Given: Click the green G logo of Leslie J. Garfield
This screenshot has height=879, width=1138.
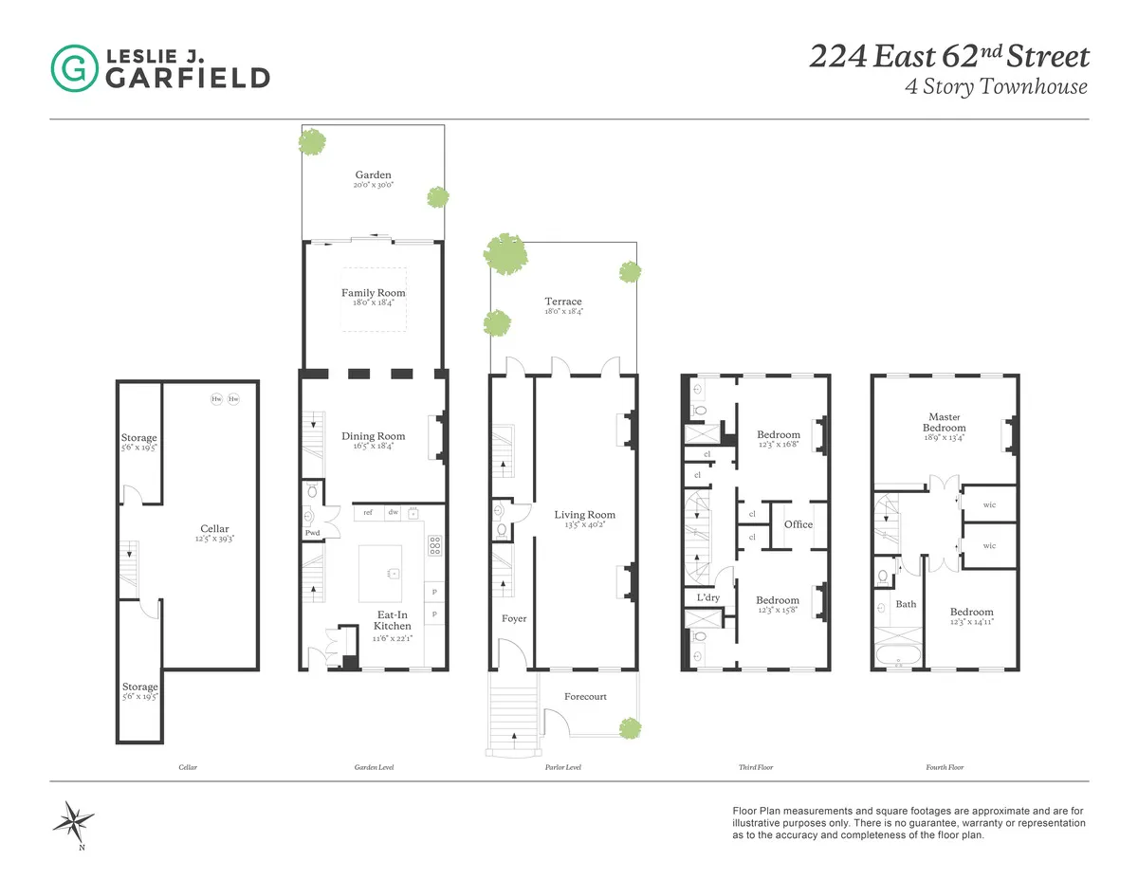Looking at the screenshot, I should click(72, 67).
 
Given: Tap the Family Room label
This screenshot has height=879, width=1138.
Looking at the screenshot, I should click(373, 293).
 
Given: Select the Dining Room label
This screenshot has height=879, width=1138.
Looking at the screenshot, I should click(373, 436).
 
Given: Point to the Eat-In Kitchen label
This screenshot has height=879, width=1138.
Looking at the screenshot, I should click(392, 619).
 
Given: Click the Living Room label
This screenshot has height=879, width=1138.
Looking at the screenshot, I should click(584, 515).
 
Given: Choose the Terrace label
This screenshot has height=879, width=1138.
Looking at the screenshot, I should click(563, 302).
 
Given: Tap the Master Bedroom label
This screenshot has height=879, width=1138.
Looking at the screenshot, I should click(945, 422).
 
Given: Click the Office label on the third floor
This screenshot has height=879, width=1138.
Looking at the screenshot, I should click(798, 524).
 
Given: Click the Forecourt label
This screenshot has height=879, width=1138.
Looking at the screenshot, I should click(585, 696).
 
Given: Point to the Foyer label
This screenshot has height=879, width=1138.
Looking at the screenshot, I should click(513, 618).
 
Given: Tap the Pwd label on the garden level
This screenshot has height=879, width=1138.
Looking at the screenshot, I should click(312, 533).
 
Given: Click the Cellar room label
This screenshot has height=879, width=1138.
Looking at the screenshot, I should click(214, 529).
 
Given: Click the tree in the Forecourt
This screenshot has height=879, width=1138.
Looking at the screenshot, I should click(627, 728).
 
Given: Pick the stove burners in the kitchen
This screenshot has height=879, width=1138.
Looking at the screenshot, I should click(435, 544).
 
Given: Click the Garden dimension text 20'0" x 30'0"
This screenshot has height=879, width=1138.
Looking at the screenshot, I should click(373, 187).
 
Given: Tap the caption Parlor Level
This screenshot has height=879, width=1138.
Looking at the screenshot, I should click(562, 767).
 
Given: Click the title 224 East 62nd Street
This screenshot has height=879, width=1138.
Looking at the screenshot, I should click(947, 57).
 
